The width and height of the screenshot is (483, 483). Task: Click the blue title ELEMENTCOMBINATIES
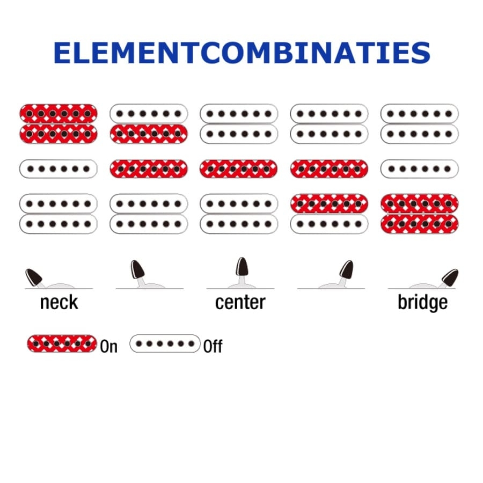click(241, 53)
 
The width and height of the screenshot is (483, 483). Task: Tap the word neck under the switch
click(59, 302)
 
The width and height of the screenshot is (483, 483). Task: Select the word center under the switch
click(240, 302)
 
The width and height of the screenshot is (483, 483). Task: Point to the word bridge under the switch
click(422, 302)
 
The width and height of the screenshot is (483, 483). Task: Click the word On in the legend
click(108, 346)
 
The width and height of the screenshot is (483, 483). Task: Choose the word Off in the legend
click(213, 346)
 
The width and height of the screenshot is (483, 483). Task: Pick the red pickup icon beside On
click(62, 343)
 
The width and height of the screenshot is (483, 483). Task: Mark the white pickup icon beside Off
click(165, 343)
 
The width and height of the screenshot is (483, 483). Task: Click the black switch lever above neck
click(34, 277)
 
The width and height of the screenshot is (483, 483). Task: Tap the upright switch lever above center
click(242, 267)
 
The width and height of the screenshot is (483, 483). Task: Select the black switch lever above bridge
click(450, 277)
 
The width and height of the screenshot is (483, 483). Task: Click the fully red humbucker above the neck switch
click(58, 123)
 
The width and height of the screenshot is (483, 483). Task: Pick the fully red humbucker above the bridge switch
click(420, 214)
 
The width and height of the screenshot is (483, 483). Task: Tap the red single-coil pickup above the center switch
click(239, 169)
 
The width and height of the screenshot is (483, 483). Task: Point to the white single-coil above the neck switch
click(58, 169)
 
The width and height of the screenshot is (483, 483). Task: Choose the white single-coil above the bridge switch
click(420, 169)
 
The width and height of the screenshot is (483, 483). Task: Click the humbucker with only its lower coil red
click(149, 123)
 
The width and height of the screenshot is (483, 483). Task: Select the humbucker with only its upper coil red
click(330, 214)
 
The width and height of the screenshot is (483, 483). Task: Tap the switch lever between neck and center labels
click(137, 269)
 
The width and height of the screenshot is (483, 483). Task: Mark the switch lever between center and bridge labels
click(347, 269)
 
